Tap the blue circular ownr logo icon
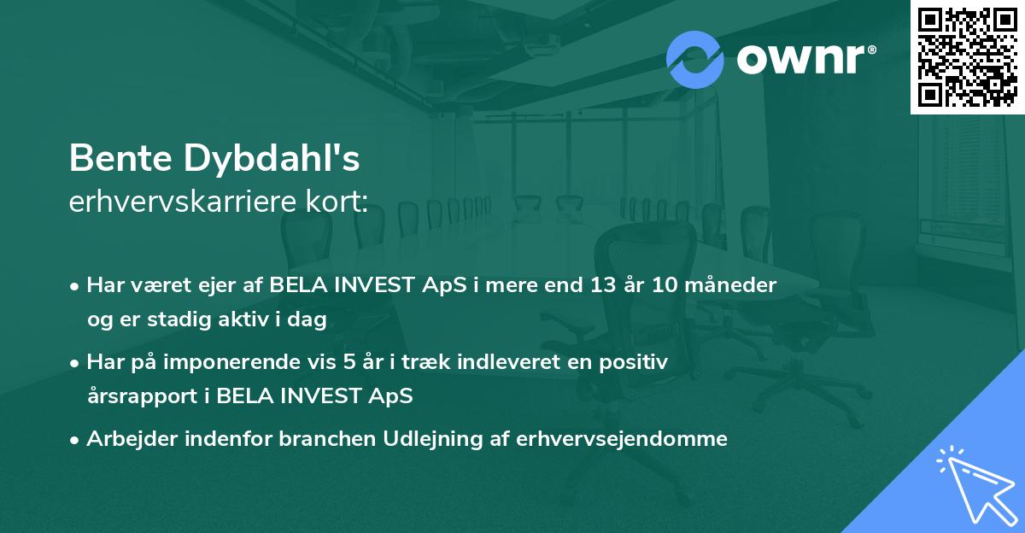[694, 59]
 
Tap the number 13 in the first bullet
[594, 285]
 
